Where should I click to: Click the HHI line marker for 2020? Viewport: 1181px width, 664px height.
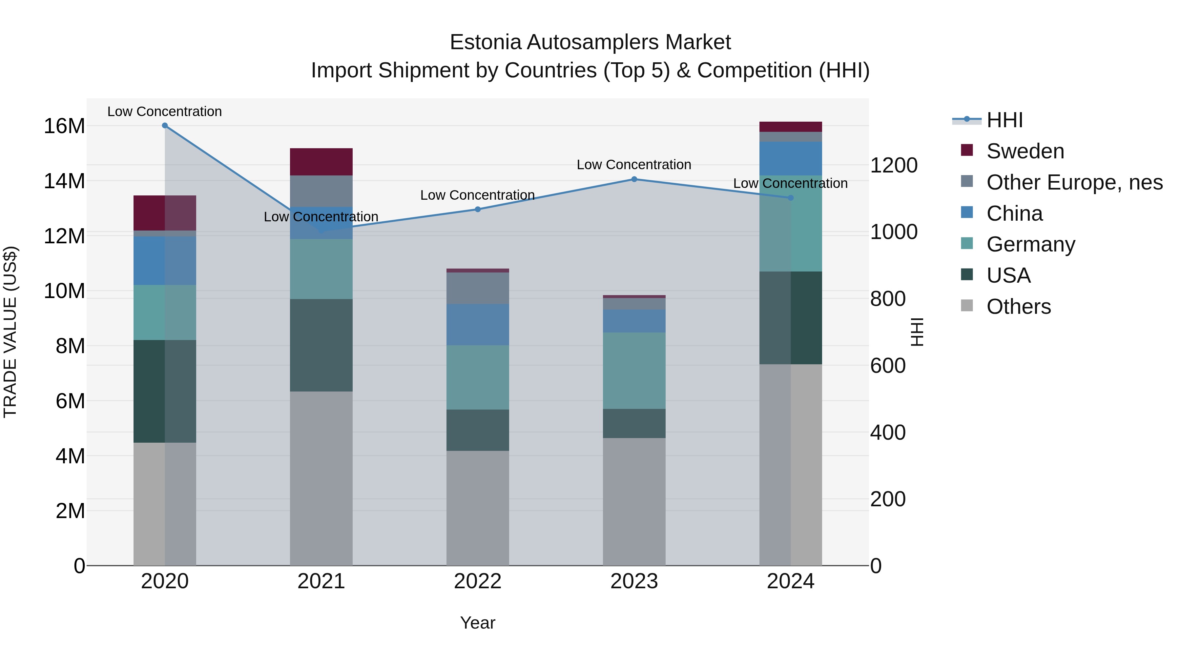tap(165, 126)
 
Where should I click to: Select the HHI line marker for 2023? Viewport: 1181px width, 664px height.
tap(634, 179)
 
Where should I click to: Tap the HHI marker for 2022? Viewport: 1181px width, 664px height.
tap(477, 210)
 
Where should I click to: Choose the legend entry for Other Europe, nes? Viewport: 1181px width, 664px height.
tap(1074, 182)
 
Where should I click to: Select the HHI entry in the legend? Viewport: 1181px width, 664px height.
tap(1004, 120)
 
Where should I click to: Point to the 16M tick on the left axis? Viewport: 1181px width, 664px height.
tap(64, 126)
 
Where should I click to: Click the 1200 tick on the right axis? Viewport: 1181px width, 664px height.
tap(893, 166)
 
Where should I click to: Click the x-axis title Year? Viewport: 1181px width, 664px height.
tap(477, 623)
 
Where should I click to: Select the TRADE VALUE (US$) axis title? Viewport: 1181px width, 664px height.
tap(10, 332)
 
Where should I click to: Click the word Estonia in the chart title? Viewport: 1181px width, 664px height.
tap(485, 42)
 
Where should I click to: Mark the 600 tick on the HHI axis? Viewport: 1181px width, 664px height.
tap(888, 366)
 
